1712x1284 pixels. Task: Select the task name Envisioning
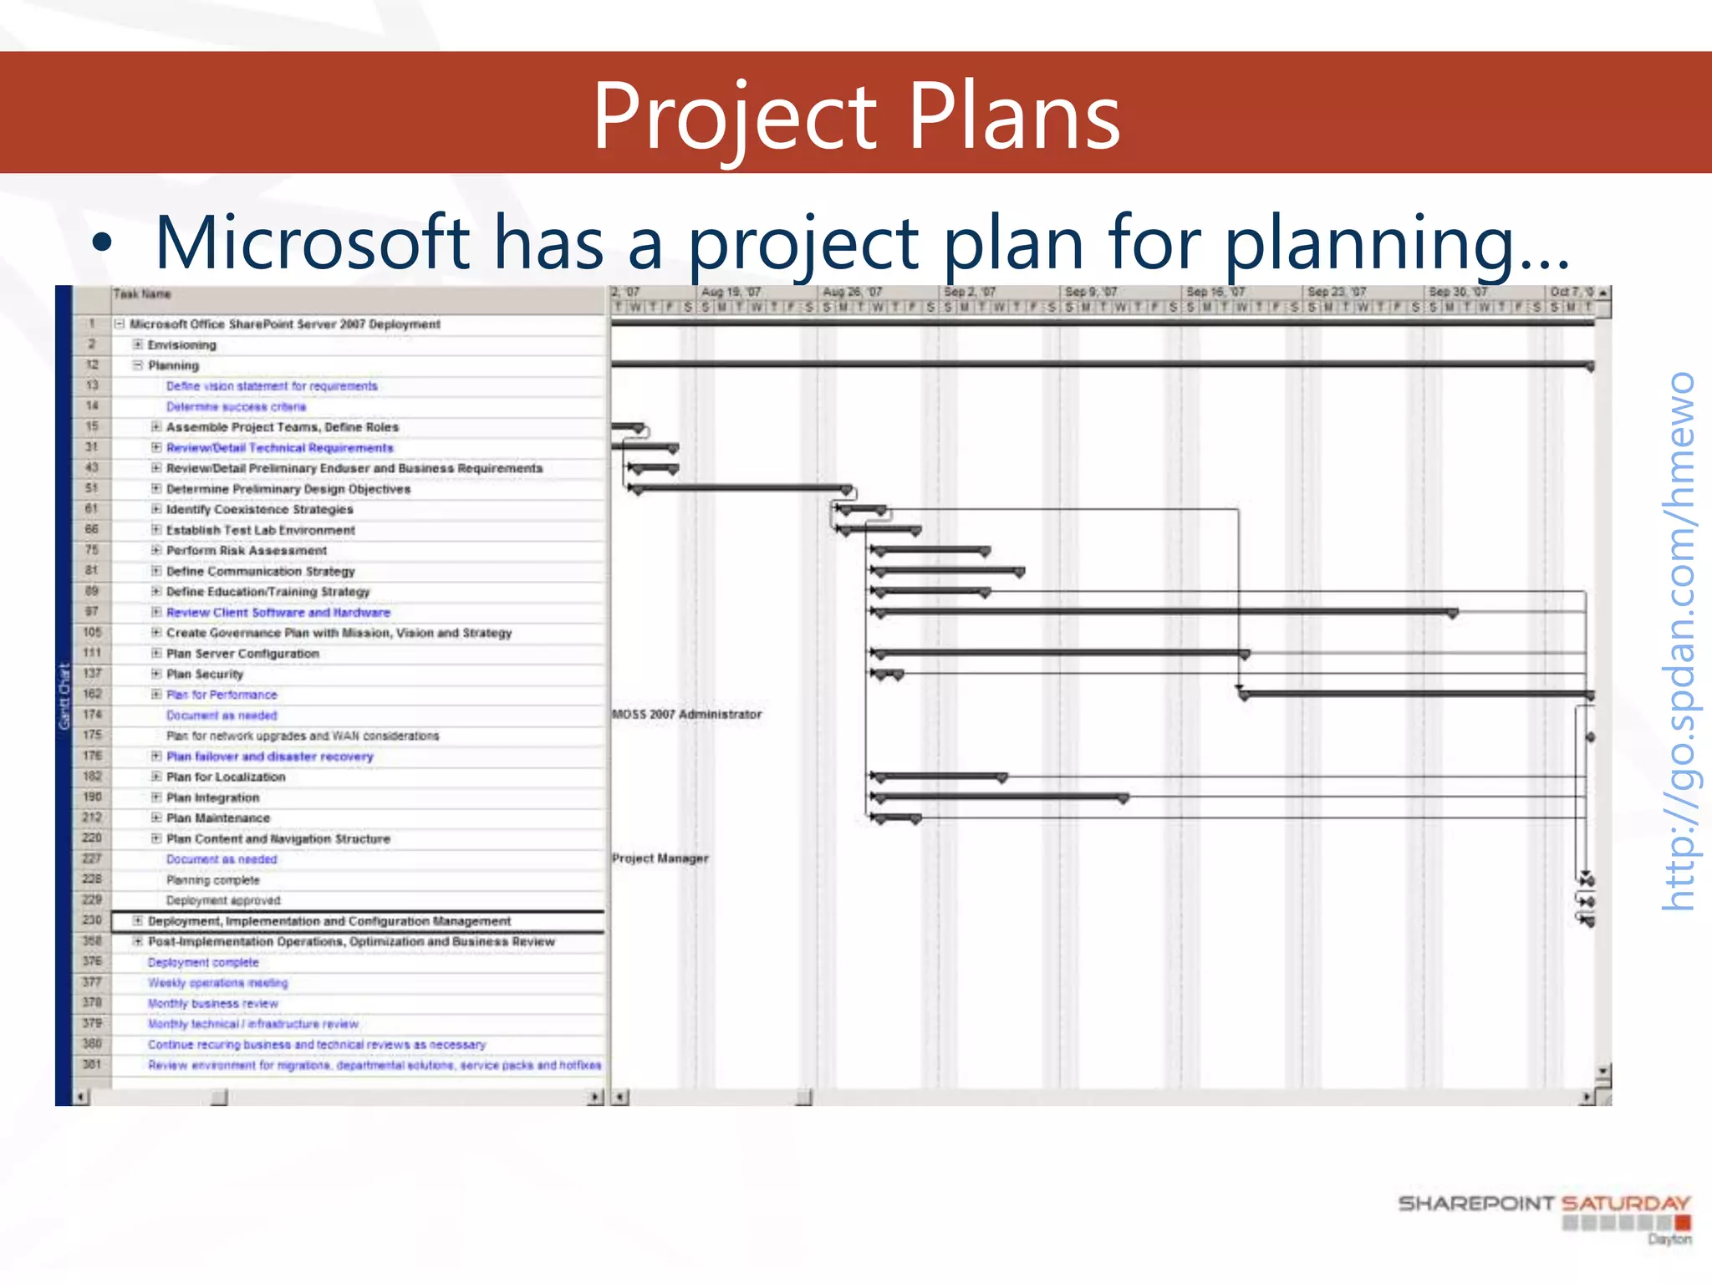(181, 345)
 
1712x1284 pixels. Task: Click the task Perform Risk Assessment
(247, 551)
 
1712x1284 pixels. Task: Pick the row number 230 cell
(92, 920)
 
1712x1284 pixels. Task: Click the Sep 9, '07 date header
(1092, 292)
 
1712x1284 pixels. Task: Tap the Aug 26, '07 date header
(852, 292)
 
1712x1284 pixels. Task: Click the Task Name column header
(142, 294)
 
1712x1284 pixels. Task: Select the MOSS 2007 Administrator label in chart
(686, 715)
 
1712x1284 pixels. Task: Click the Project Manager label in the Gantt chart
(660, 859)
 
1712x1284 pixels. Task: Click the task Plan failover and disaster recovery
(269, 757)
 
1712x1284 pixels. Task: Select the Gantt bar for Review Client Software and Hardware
(1162, 612)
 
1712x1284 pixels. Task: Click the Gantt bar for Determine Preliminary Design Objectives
(741, 487)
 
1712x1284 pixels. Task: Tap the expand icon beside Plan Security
(156, 674)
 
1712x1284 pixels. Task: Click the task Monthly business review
(213, 1004)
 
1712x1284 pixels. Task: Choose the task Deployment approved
(223, 900)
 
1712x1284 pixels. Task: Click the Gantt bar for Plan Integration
(999, 797)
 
